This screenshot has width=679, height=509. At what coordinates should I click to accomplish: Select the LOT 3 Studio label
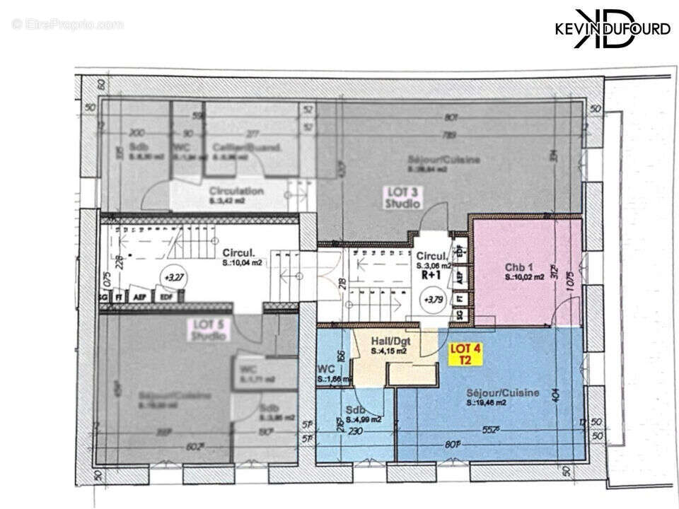tap(402, 197)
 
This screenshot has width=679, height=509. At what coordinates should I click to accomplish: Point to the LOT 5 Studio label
tap(209, 331)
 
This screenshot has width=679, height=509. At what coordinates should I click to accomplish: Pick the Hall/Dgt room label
tap(390, 340)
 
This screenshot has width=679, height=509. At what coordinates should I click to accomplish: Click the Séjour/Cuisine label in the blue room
tap(503, 392)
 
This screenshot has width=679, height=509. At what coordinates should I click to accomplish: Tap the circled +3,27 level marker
tap(170, 275)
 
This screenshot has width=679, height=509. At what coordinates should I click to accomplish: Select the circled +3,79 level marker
tap(431, 298)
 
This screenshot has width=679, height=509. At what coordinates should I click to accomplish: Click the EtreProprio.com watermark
tap(67, 25)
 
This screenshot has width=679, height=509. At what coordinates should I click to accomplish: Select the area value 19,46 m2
tap(487, 403)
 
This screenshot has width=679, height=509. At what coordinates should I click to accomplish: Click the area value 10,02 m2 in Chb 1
tap(524, 278)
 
